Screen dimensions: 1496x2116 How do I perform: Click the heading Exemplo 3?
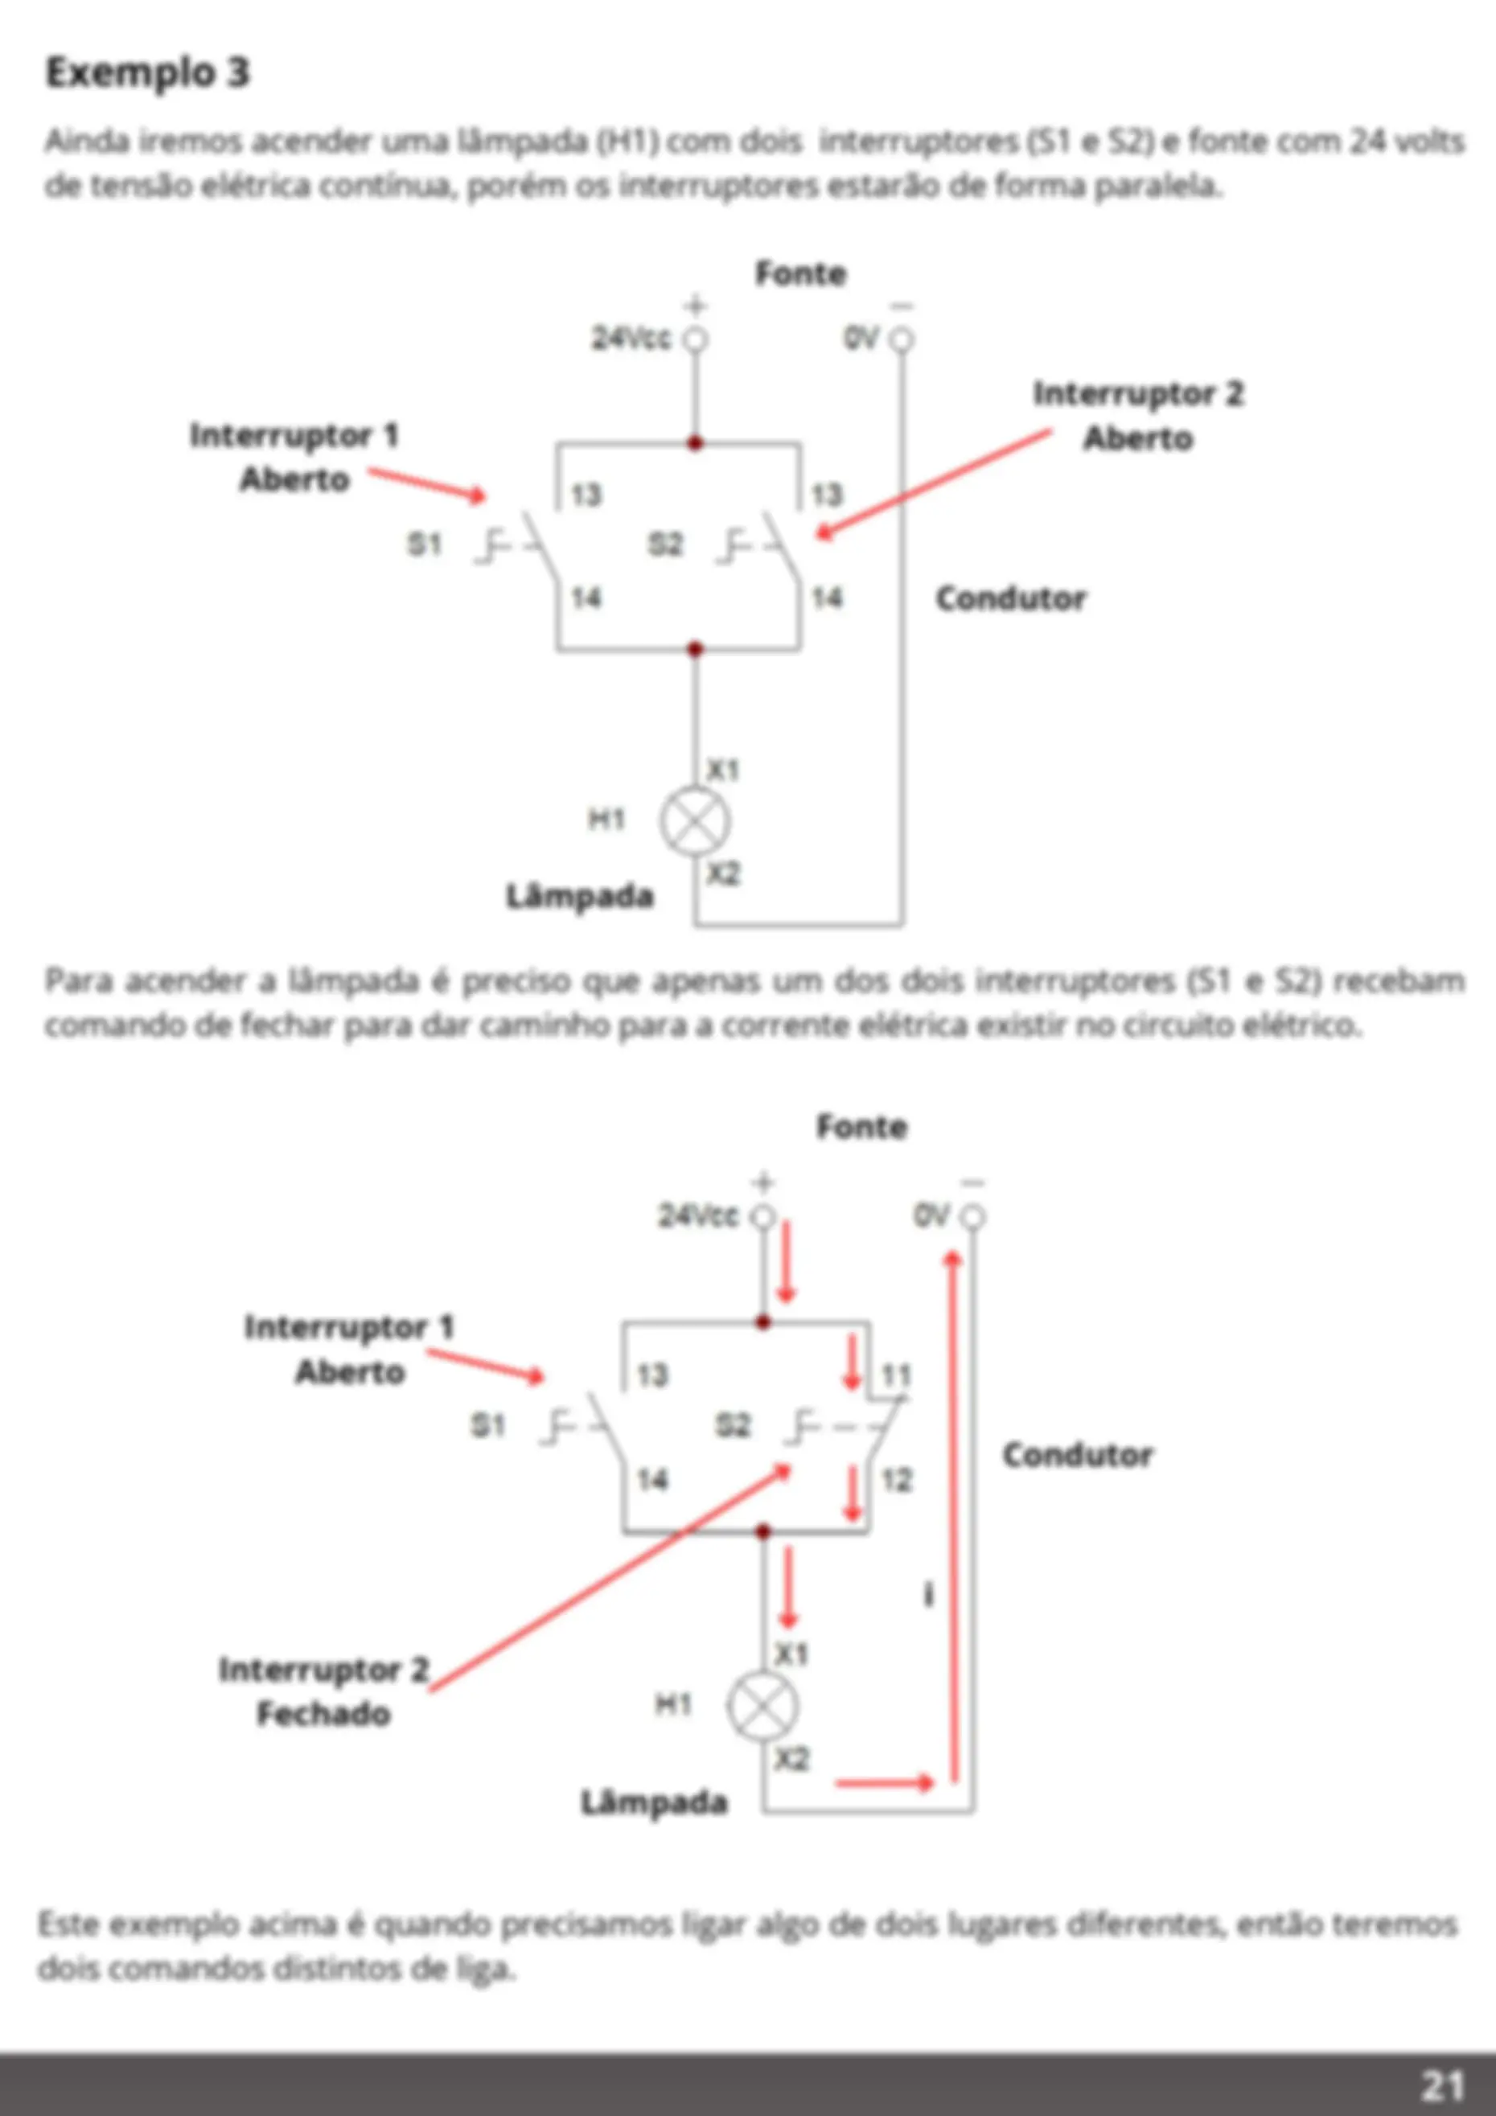point(147,72)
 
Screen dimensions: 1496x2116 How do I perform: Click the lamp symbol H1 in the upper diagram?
point(695,822)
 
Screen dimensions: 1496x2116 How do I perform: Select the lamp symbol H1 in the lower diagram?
point(762,1706)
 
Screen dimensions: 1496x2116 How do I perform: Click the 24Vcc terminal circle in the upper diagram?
point(695,340)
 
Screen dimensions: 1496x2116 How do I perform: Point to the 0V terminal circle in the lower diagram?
point(972,1218)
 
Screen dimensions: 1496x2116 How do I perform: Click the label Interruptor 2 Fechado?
point(324,1691)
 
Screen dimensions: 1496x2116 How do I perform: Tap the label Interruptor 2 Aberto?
point(1138,416)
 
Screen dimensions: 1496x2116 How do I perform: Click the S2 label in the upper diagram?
point(665,544)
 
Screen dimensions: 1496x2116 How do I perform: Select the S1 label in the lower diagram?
point(488,1426)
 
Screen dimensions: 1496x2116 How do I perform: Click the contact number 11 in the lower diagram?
point(896,1376)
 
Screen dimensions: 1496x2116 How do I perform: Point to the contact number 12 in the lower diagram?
point(896,1481)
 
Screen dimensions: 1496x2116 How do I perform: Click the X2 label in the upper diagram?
point(724,873)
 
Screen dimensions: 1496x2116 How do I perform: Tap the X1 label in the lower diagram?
point(791,1654)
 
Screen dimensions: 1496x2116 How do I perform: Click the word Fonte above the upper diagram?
point(800,273)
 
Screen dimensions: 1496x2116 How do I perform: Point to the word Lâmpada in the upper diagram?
point(580,895)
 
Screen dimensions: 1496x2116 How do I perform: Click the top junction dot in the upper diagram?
point(695,443)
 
